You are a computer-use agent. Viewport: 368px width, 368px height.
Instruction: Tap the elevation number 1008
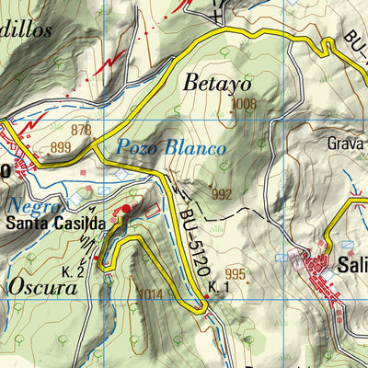tap(245, 105)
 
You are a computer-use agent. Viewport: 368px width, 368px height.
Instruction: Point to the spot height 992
tap(221, 194)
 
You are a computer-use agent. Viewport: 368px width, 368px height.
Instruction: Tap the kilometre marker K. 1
tap(217, 288)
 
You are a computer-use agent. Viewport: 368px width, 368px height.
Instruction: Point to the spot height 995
tap(236, 274)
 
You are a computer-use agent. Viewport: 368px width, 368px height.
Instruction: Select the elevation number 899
tap(62, 147)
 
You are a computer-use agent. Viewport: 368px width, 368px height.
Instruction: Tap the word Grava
tap(346, 144)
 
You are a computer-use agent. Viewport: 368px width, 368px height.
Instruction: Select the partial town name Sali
tap(351, 263)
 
